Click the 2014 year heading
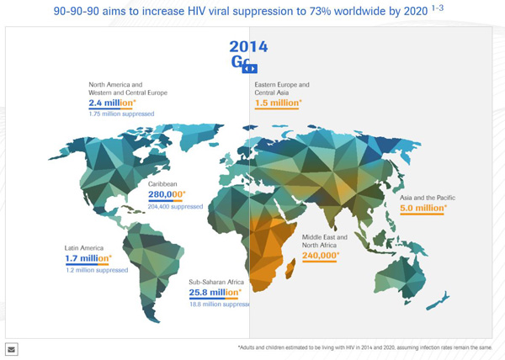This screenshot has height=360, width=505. point(249,47)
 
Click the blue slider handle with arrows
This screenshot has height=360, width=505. point(250,68)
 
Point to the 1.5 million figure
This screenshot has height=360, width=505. point(279,103)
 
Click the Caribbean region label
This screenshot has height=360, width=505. point(163,183)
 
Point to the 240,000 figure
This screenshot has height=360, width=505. point(321,256)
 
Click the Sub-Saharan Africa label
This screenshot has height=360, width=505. point(215,282)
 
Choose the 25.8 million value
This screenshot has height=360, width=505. point(215,293)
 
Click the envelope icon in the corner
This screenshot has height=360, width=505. point(12,348)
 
